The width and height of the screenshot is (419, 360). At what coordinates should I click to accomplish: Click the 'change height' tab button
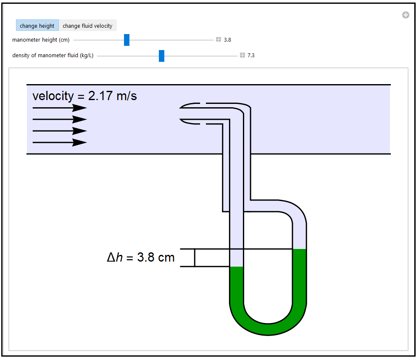tap(37, 26)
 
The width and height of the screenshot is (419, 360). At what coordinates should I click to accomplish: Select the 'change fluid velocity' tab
tap(87, 26)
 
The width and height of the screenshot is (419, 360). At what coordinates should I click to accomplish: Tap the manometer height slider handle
tap(126, 40)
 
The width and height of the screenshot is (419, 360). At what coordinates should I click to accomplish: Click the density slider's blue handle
tap(161, 56)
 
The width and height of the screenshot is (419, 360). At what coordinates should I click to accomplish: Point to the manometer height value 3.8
tap(227, 40)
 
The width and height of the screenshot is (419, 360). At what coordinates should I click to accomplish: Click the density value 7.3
tap(251, 55)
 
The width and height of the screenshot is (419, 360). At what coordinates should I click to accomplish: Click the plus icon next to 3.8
tap(219, 40)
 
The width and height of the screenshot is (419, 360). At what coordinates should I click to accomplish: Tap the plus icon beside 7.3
tap(242, 55)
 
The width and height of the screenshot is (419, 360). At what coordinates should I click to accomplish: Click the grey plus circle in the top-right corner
tap(406, 15)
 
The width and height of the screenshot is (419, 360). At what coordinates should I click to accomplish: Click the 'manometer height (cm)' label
tap(41, 40)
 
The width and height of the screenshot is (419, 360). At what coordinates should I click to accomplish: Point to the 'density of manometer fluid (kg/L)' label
tap(53, 55)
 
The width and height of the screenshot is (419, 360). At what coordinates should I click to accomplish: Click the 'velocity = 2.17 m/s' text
tap(84, 96)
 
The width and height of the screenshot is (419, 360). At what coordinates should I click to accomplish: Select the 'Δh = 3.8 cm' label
tap(141, 257)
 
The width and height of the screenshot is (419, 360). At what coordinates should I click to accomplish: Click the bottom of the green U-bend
tap(268, 329)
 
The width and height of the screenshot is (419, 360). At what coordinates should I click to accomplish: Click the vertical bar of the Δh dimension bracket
tap(195, 257)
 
